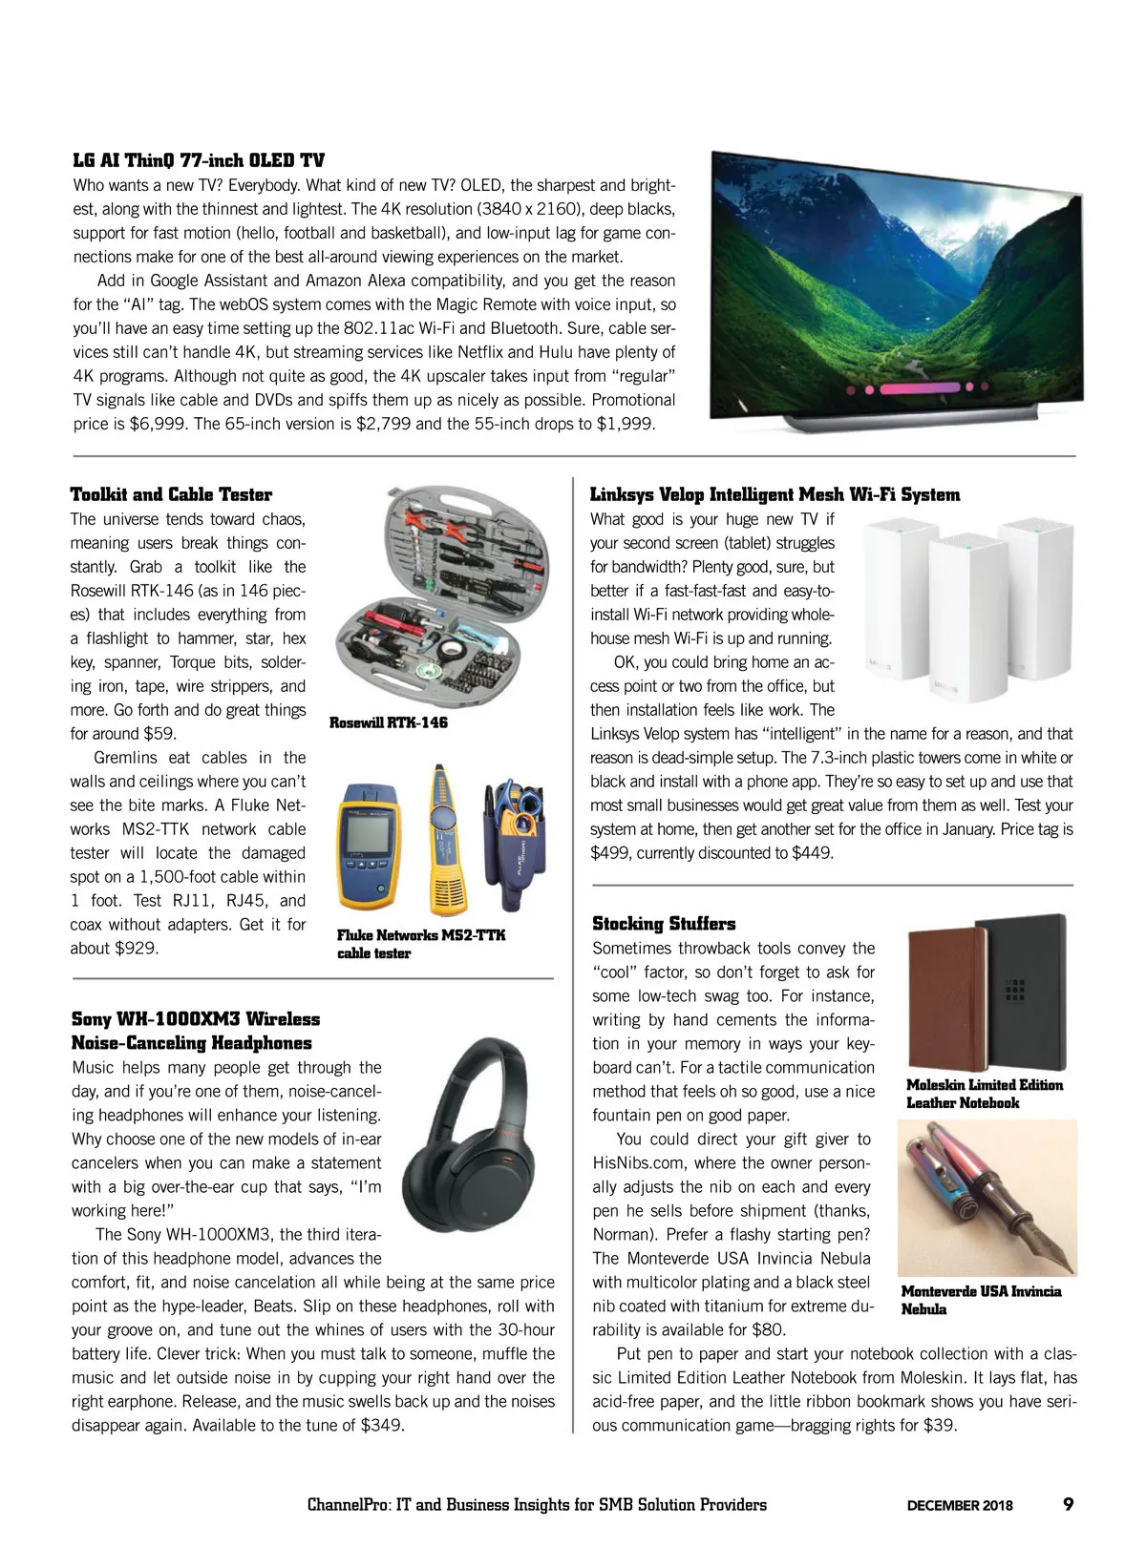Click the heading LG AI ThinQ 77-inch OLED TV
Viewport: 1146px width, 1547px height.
click(199, 160)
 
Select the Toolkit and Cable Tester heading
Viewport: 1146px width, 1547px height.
click(171, 494)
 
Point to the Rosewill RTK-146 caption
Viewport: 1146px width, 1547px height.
click(388, 722)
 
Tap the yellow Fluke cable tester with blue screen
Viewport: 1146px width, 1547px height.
click(367, 840)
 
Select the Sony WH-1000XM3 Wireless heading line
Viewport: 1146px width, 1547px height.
click(196, 1019)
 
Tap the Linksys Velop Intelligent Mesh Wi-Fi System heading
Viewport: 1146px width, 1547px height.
click(775, 494)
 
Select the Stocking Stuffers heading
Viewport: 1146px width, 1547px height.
click(664, 924)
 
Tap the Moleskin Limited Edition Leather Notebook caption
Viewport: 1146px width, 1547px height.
click(984, 1094)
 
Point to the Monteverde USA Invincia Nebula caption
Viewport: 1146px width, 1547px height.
click(981, 1300)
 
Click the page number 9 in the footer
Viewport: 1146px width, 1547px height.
click(1068, 1505)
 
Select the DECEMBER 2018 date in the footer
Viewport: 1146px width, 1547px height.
click(960, 1506)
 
